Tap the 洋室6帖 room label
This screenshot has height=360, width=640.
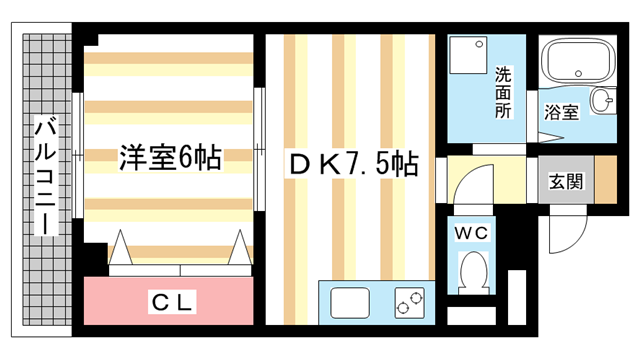[x=170, y=157]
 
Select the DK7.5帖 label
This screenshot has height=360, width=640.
[x=352, y=162]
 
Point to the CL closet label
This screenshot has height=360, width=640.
[x=172, y=301]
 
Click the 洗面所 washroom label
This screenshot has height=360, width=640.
[x=504, y=91]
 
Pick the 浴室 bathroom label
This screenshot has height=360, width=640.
[x=560, y=112]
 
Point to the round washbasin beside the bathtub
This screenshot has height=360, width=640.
[x=602, y=100]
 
